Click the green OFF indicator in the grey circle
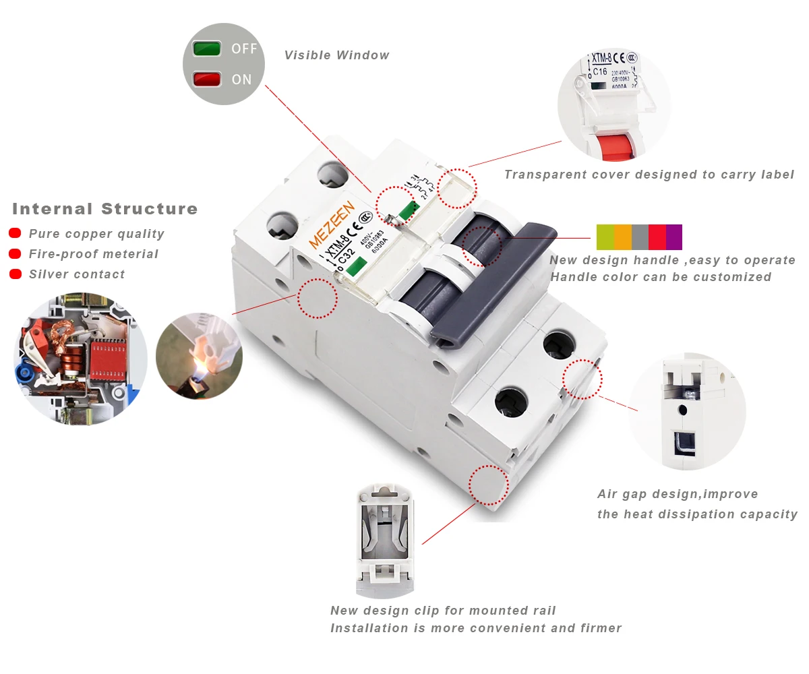click(207, 49)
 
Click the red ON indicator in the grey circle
click(207, 80)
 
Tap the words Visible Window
click(336, 55)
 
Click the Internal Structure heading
click(105, 209)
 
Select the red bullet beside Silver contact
click(15, 274)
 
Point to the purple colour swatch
click(673, 237)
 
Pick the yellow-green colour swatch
click(605, 237)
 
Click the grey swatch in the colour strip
click(640, 237)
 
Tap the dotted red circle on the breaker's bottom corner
click(488, 485)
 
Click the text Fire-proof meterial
click(93, 254)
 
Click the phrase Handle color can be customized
click(661, 277)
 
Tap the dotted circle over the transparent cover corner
click(457, 188)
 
